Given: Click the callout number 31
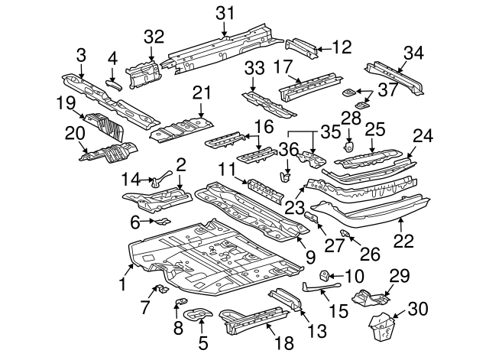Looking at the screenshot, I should coord(225,12).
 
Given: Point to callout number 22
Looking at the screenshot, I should coord(403,240).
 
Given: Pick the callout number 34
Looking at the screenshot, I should coord(413,52).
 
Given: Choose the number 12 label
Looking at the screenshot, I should coord(342,47).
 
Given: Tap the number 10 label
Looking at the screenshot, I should coord(356,276).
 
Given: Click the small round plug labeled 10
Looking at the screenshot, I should coord(324,275).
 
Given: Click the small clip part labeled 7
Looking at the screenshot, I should coord(161,288).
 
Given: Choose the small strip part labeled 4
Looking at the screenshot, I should coord(113,83).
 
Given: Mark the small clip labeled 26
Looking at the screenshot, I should coord(345,232).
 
